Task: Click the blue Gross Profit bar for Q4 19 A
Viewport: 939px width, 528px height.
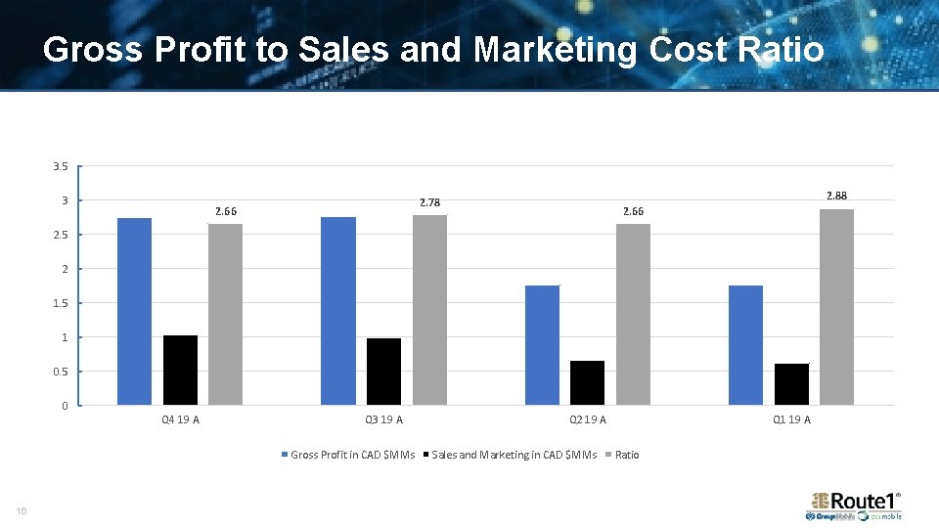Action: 134,311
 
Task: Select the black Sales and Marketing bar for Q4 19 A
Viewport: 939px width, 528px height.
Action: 180,370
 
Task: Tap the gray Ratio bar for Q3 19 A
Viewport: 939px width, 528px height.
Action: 429,309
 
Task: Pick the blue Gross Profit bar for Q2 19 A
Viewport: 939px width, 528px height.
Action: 542,344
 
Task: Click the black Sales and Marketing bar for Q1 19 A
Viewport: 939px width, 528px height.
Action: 791,383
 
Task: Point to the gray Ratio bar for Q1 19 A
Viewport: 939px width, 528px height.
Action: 836,306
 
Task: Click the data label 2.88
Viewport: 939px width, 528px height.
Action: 836,196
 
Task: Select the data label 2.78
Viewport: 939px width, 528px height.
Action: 429,202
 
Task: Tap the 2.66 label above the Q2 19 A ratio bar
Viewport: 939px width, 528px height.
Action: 634,211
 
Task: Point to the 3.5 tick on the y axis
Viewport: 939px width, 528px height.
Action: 61,166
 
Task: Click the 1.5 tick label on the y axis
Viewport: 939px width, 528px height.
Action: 61,303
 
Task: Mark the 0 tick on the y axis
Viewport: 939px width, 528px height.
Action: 65,406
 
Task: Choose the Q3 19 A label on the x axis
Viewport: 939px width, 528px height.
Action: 383,420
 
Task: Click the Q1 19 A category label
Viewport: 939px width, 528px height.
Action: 791,420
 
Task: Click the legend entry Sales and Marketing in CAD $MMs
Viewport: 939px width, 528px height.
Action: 514,455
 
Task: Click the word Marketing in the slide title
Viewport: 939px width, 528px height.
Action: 569,49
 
